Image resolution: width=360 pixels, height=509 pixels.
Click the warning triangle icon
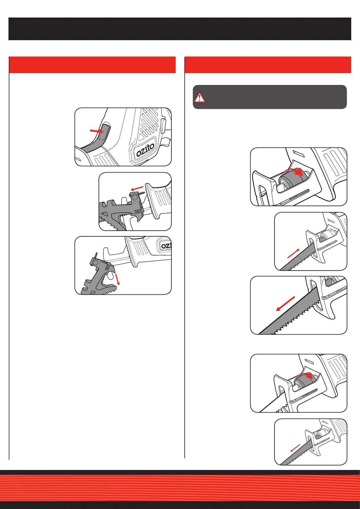[199, 98]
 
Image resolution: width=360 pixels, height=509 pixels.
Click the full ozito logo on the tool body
[145, 150]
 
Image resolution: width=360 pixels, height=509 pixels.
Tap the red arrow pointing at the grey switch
[97, 131]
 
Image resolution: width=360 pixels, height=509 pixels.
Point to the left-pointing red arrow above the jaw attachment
[137, 189]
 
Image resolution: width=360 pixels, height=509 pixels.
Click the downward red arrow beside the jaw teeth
[117, 279]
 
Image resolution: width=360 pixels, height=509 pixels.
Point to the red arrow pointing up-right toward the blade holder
[294, 253]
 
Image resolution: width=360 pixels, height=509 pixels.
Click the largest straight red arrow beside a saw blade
[285, 304]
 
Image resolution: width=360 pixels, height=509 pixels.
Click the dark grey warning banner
[270, 97]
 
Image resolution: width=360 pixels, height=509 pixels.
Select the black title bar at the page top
[180, 29]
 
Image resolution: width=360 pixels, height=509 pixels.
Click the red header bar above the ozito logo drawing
[92, 65]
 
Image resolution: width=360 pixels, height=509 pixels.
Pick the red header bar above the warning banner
[268, 65]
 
